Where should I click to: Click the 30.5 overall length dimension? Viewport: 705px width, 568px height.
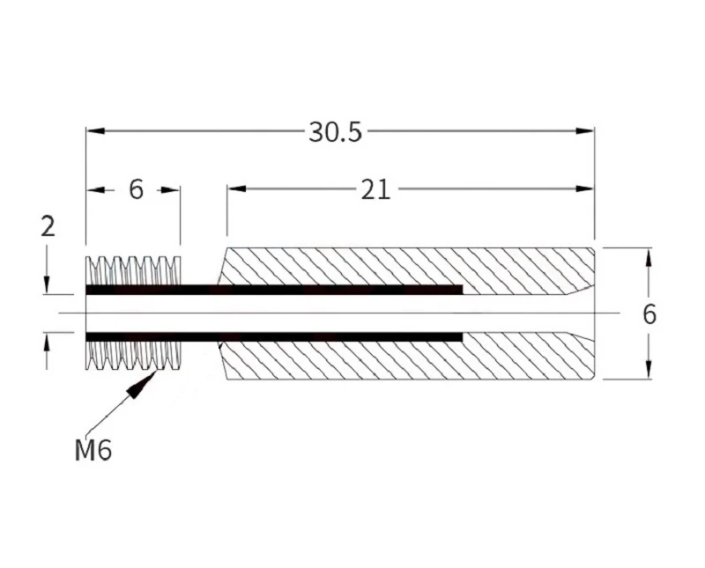335,132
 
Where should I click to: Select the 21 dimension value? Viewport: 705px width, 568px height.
375,189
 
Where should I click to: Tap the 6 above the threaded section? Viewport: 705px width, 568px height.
136,189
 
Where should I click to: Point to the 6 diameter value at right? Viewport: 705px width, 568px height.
649,314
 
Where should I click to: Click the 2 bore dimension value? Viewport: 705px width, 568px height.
48,226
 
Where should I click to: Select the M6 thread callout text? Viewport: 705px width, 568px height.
93,450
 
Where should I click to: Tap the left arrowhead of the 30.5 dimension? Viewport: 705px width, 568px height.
95,130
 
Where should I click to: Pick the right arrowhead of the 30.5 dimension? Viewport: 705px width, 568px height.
585,130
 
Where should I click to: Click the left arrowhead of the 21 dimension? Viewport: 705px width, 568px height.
236,188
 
